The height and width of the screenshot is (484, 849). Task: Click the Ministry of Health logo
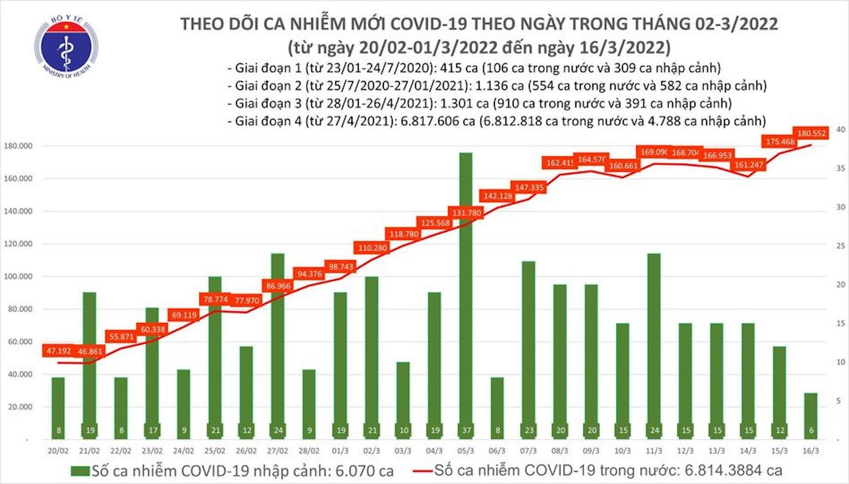coord(66,47)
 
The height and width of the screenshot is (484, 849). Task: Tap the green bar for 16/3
coord(811,416)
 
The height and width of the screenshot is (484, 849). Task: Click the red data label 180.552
coord(811,133)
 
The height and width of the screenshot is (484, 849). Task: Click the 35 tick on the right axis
coord(841,169)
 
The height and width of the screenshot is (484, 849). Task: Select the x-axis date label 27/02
coord(277,451)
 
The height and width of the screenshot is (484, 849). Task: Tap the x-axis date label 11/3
coord(654,451)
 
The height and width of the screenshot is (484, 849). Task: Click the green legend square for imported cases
coord(80,471)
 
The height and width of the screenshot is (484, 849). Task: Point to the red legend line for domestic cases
coord(422,471)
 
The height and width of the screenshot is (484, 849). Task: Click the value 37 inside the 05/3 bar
coord(466,430)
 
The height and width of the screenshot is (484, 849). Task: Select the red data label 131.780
coord(467,213)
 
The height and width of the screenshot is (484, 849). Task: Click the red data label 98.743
coord(340,267)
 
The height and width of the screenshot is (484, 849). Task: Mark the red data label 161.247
coord(749,165)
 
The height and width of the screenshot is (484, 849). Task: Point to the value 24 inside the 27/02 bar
coord(278,430)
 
